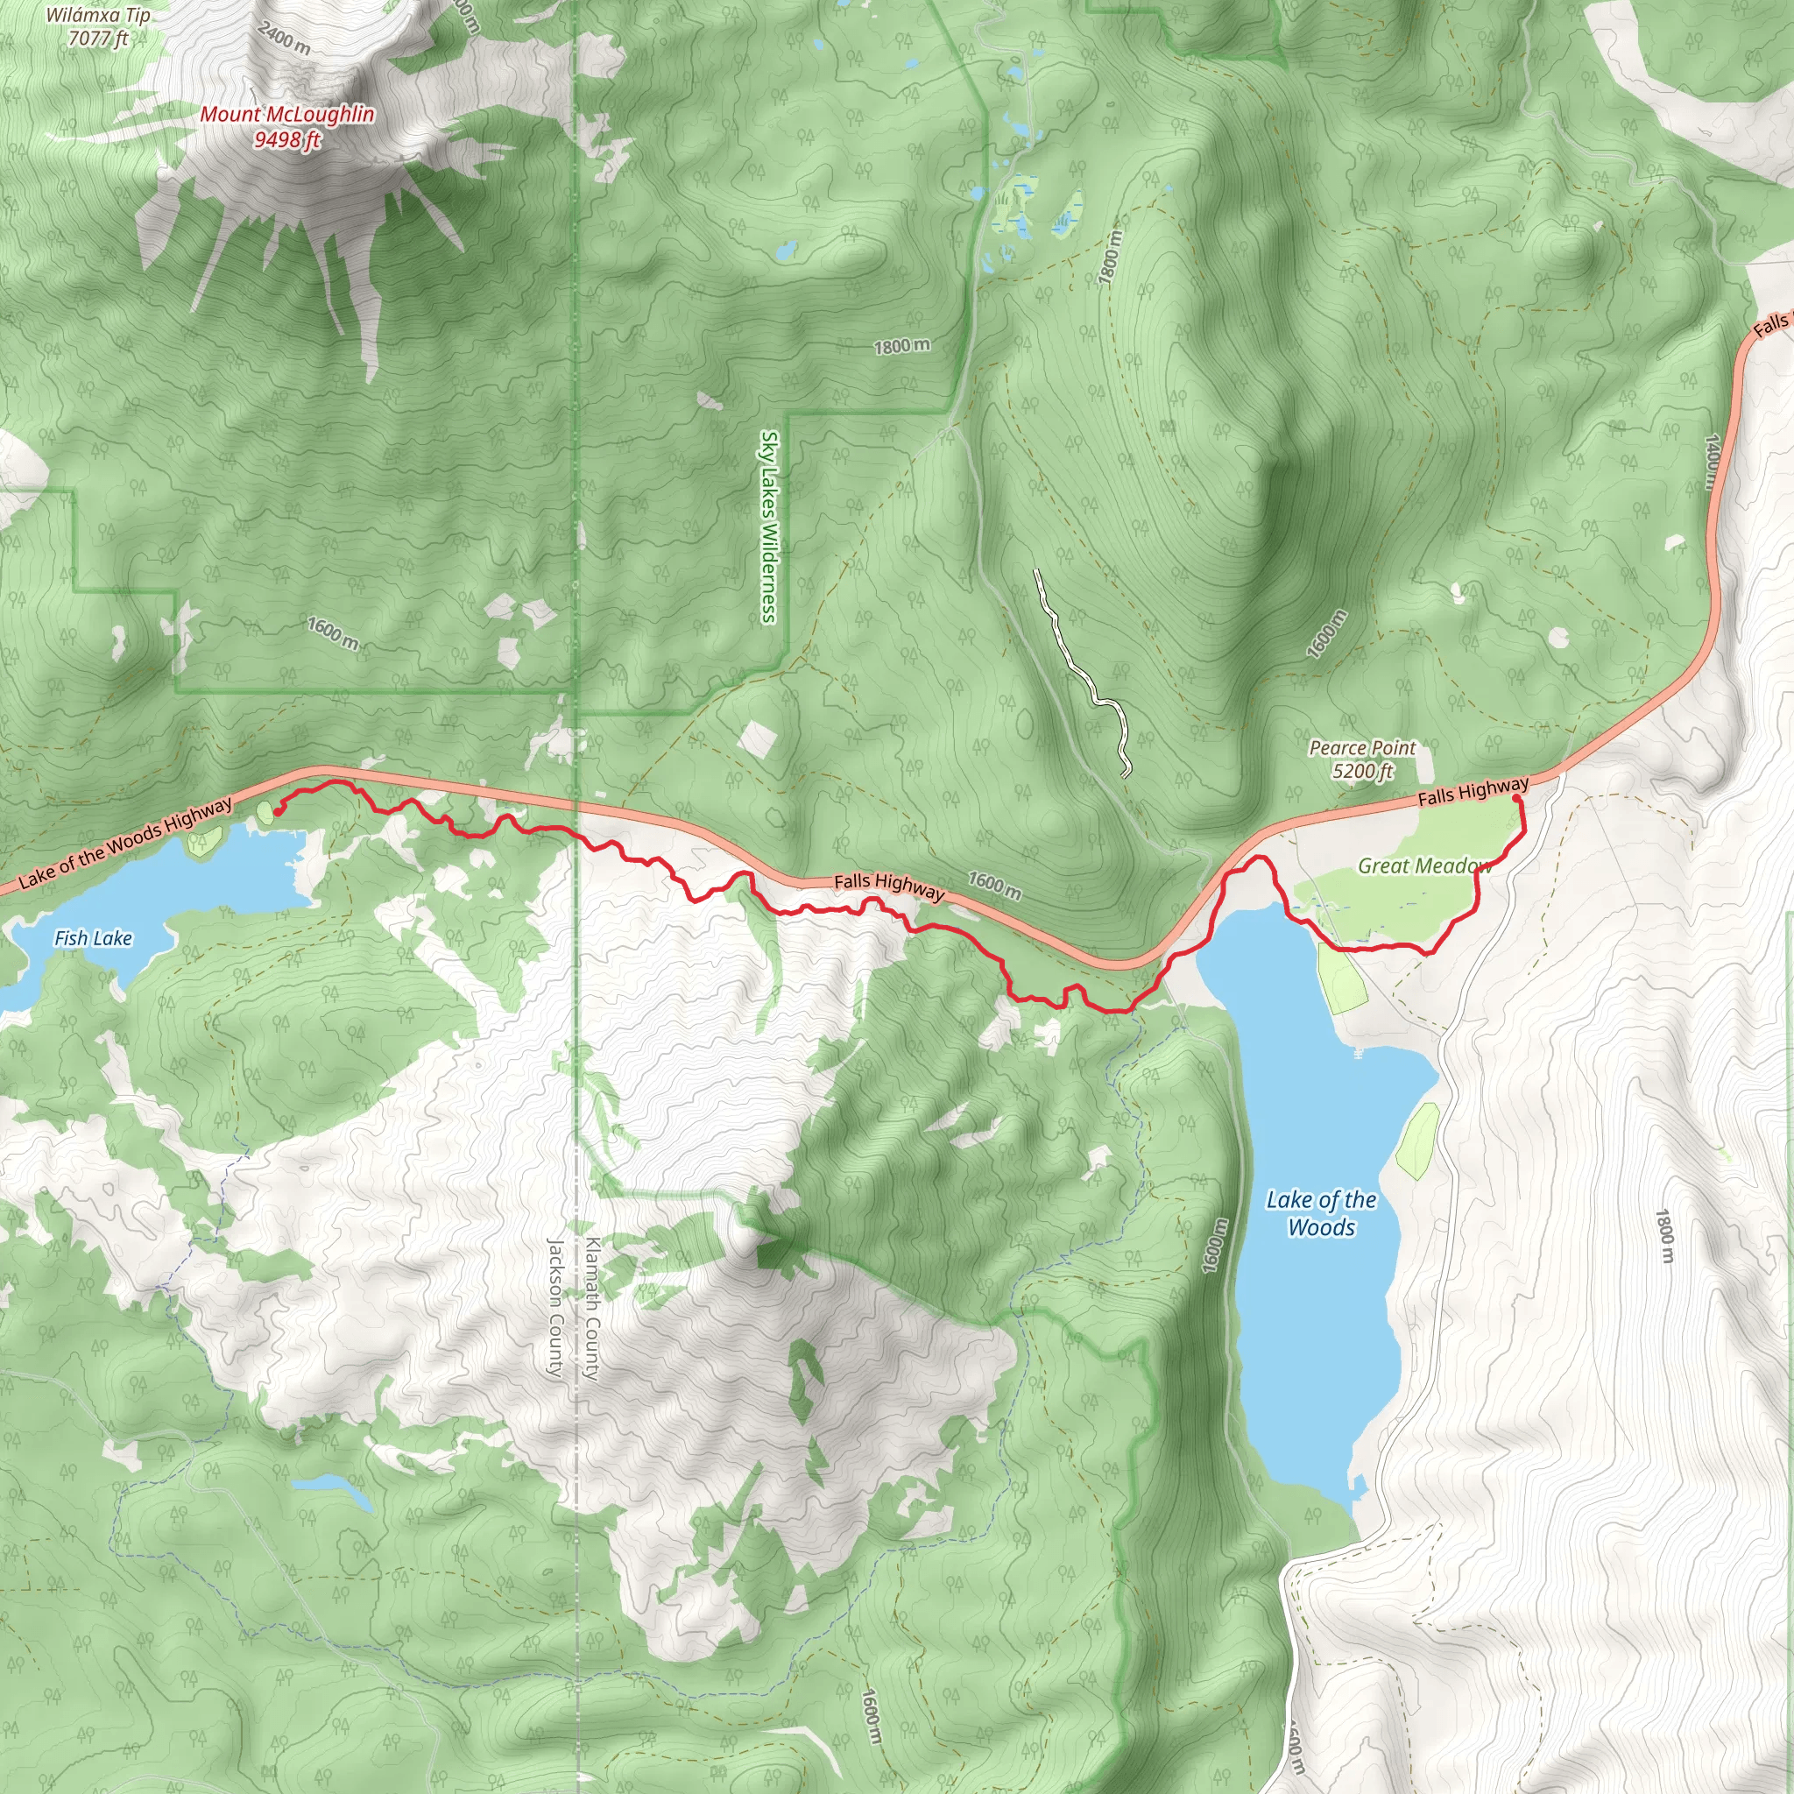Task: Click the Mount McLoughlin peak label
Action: (x=287, y=126)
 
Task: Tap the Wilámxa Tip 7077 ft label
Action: (x=97, y=27)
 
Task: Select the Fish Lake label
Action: (x=93, y=939)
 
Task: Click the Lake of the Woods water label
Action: (x=1321, y=1213)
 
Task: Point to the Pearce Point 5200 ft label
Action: (x=1362, y=759)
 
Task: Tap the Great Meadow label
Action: (x=1423, y=866)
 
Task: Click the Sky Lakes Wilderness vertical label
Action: (x=768, y=526)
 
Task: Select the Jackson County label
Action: (x=555, y=1308)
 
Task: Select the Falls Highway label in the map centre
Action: (x=888, y=886)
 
